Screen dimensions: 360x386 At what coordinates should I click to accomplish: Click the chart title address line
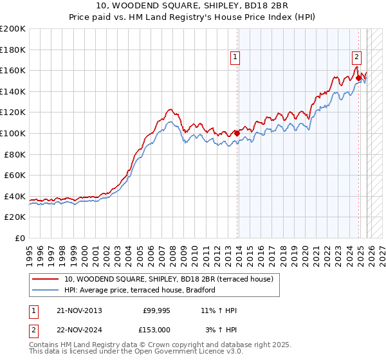point(193,6)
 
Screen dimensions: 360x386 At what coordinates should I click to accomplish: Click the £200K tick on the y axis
point(13,29)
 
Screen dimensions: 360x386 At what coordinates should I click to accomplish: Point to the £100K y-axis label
point(13,133)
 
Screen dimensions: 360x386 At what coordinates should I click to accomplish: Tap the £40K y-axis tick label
point(15,196)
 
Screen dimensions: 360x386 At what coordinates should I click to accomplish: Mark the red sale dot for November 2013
point(237,134)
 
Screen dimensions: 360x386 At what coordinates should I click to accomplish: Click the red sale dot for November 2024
point(359,78)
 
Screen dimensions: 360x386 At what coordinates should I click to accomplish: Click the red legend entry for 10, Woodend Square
point(169,279)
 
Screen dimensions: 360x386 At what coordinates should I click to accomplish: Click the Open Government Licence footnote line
point(126,352)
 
